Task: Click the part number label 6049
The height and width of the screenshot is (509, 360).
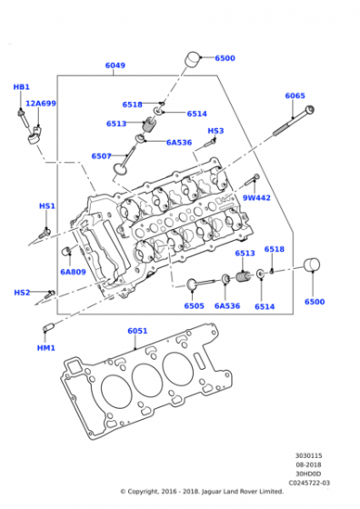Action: pos(115,65)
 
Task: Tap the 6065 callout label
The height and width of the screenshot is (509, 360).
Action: pos(295,95)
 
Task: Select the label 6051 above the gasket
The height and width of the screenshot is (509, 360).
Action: pos(137,331)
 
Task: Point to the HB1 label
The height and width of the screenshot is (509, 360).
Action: pos(22,86)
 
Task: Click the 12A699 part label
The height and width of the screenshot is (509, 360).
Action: pos(41,104)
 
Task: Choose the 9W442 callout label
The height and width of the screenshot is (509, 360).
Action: pos(256,197)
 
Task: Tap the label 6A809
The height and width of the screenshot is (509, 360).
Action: pos(73,272)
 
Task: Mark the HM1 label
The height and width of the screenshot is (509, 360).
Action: pos(46,348)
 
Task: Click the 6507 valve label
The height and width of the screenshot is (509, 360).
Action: pos(101,156)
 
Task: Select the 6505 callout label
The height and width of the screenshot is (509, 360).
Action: pos(194,306)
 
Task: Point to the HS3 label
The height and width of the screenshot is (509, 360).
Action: pos(215,131)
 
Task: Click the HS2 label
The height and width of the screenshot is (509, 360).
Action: pos(22,293)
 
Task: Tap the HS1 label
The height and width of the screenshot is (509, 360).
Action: pos(46,206)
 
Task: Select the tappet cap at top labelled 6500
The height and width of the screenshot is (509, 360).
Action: pos(193,60)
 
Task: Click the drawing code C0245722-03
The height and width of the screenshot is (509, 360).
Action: pos(310,483)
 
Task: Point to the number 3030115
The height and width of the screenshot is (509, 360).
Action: pos(309,456)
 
